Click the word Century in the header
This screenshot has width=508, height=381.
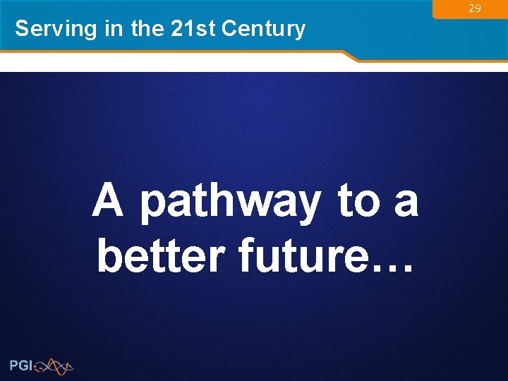(263, 30)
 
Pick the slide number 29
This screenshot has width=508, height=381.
(475, 8)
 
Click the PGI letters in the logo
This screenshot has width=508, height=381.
(21, 365)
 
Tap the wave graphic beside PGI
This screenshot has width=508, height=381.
(54, 365)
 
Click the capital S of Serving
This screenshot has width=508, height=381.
(22, 29)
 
